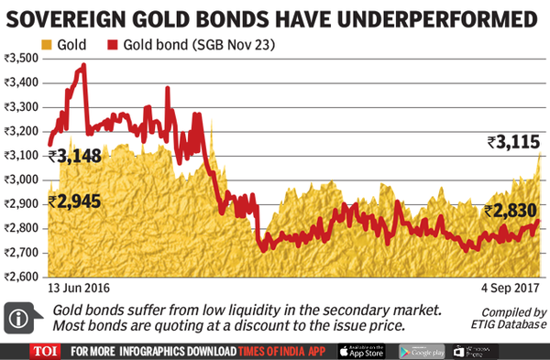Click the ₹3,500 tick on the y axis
coord(23,58)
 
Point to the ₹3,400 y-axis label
coord(23,82)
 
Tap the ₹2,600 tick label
coord(23,277)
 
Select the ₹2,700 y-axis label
coord(23,252)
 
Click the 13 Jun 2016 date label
coord(82,289)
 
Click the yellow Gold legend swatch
coord(48,43)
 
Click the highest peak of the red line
coord(84,65)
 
